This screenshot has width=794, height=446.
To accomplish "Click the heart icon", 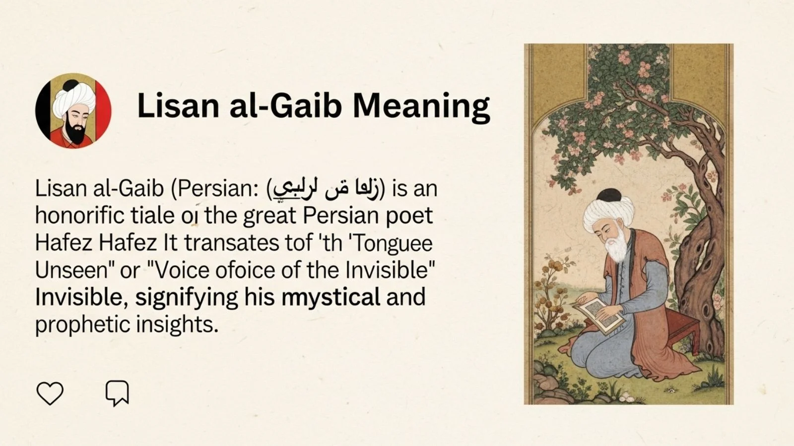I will point(50,393).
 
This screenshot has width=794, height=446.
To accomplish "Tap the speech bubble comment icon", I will point(117,393).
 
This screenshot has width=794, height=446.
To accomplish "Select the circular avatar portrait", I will point(73,111).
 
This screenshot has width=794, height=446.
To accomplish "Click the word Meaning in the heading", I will point(421,106).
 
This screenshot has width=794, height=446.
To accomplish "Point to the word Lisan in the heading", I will point(178,106).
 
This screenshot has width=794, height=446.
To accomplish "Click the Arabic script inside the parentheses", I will point(327,189).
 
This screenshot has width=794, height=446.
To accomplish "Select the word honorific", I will point(79,216).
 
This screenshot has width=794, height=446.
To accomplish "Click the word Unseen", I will point(71,270).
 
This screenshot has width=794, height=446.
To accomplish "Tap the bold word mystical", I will point(331,297).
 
